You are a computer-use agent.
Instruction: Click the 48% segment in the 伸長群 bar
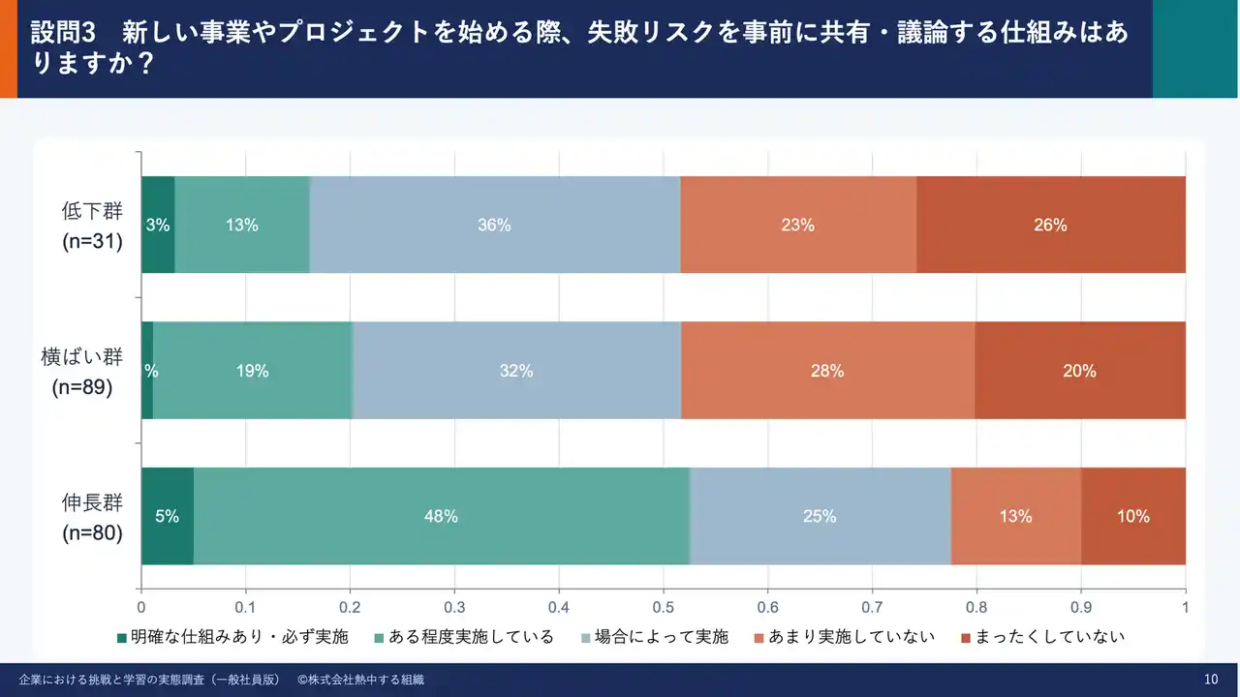tap(441, 516)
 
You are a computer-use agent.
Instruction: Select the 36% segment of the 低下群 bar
tap(494, 225)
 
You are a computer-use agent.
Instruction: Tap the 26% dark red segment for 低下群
tap(1050, 225)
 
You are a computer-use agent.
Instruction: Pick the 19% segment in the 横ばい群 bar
tap(252, 371)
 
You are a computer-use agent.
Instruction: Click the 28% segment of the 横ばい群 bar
tap(827, 371)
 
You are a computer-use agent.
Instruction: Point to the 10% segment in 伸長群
tap(1132, 516)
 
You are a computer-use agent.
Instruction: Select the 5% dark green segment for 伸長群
tap(167, 516)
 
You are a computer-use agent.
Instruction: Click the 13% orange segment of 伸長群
tap(1015, 516)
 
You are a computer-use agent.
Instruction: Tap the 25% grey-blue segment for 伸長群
tap(820, 516)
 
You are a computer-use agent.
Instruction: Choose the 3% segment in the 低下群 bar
tap(158, 225)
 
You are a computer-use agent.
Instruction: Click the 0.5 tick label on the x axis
tap(664, 608)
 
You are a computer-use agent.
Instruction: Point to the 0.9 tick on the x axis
tap(1081, 608)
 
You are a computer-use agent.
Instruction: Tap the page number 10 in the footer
tap(1210, 680)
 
